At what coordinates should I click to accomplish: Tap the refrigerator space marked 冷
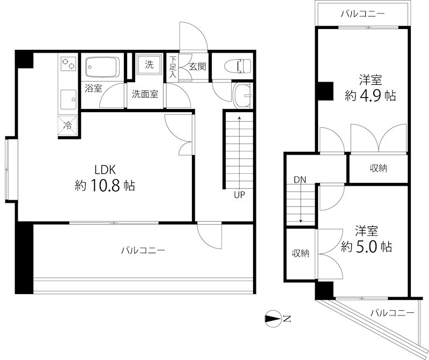tap(69, 126)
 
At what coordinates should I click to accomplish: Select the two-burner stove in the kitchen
tap(69, 64)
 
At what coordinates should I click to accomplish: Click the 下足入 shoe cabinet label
tap(173, 68)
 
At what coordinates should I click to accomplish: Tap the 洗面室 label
tap(145, 93)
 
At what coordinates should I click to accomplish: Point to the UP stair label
tap(239, 195)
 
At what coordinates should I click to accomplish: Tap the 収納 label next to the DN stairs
tap(300, 254)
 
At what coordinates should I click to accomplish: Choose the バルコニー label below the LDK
tap(143, 250)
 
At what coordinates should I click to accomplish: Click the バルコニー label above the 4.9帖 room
tap(363, 14)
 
